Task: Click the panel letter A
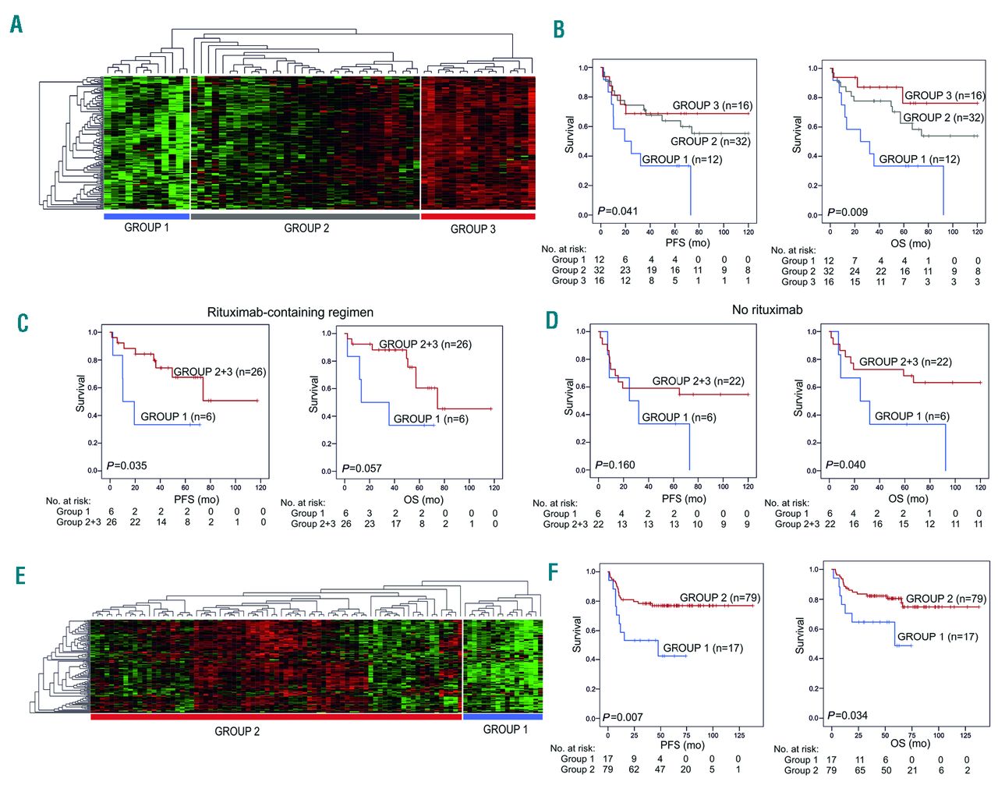(x=16, y=25)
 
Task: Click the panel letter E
(x=20, y=576)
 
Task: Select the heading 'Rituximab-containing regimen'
(x=290, y=313)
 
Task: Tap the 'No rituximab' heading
(x=767, y=310)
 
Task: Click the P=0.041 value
(x=618, y=211)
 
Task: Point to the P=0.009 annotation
(x=847, y=212)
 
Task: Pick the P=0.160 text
(x=615, y=465)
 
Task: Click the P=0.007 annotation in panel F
(x=622, y=717)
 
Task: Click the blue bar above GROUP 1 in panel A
(x=147, y=216)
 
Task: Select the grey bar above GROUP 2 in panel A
(x=305, y=216)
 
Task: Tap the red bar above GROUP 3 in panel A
(x=478, y=216)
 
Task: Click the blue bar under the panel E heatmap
(x=503, y=716)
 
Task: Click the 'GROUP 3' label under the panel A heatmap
(x=472, y=229)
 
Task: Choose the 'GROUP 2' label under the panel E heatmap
(x=237, y=731)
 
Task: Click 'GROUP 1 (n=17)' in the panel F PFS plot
(x=702, y=648)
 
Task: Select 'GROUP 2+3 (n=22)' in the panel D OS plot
(x=905, y=362)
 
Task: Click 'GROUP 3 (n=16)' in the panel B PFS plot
(x=713, y=105)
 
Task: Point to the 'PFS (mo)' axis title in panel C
(x=196, y=500)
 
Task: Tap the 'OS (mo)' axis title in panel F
(x=909, y=743)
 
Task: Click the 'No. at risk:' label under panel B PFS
(x=564, y=249)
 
